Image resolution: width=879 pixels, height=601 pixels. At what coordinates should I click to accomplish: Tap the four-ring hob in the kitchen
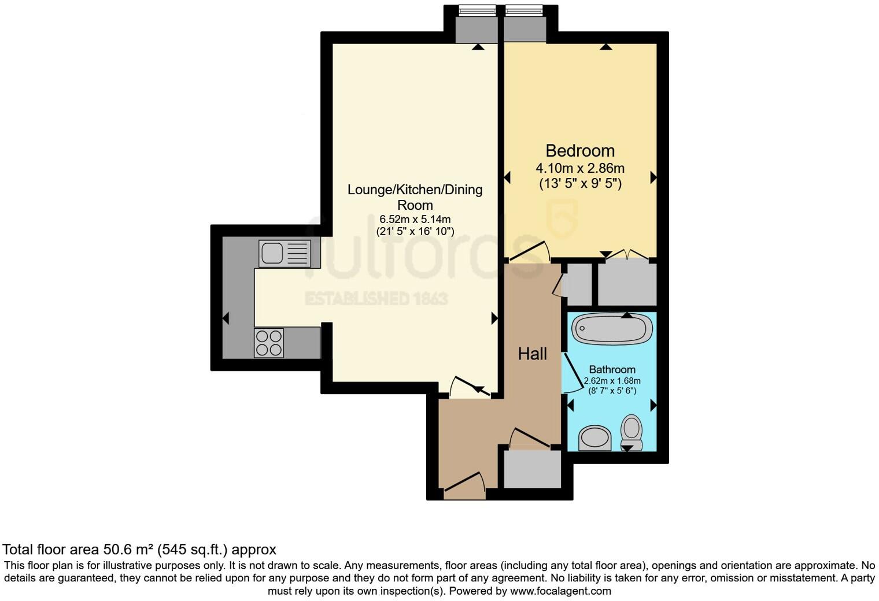click(x=269, y=343)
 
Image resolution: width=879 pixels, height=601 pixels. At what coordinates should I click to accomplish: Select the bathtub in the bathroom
click(x=612, y=330)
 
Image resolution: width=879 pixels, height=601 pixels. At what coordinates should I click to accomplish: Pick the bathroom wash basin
click(x=595, y=438)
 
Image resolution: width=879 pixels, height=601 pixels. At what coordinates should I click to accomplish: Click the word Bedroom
click(x=580, y=151)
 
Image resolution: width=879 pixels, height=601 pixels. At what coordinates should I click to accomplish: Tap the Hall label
click(x=532, y=354)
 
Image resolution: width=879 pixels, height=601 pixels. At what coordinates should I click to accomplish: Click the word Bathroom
click(x=612, y=369)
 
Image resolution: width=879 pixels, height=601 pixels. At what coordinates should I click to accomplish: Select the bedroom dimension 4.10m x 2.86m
click(x=580, y=169)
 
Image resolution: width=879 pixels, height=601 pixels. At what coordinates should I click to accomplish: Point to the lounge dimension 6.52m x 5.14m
click(x=415, y=220)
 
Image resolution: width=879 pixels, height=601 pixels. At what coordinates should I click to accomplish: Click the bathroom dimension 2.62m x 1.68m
click(x=612, y=381)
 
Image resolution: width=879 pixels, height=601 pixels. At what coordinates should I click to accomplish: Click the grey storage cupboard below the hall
click(x=532, y=469)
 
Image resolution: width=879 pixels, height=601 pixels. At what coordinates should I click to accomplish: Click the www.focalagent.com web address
click(x=560, y=591)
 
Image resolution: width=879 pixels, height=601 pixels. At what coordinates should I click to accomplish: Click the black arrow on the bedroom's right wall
click(x=653, y=177)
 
